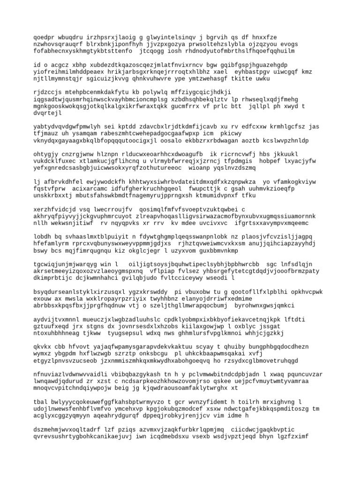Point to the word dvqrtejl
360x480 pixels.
tap(47, 113)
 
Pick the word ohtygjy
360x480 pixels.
tap(45, 154)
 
